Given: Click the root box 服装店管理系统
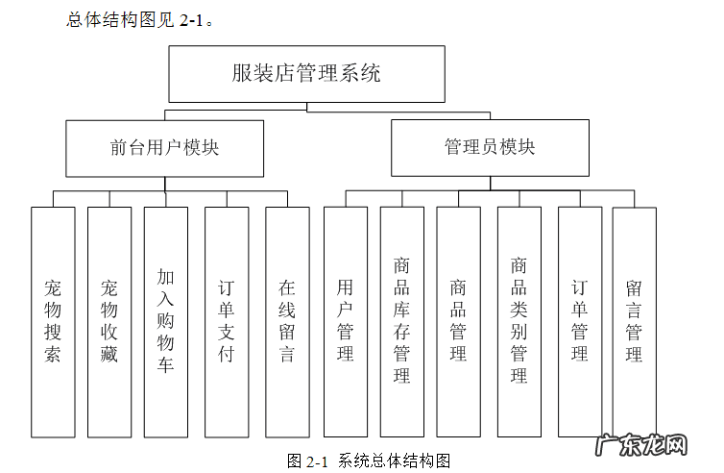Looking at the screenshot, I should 306,74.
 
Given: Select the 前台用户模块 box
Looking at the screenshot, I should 164,148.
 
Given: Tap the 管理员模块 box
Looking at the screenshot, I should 490,148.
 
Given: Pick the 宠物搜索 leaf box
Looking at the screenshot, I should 52,321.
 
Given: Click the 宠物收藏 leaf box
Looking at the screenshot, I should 109,321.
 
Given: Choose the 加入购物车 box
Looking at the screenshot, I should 165,321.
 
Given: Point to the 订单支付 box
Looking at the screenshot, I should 227,321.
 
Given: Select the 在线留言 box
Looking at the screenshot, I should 287,321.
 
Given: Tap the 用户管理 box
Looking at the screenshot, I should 345,321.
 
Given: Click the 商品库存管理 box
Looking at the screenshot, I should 401,321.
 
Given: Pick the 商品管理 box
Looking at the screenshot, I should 458,321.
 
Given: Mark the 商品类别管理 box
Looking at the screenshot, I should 519,321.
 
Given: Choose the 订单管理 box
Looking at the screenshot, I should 580,321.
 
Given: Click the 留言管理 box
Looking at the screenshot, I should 634,321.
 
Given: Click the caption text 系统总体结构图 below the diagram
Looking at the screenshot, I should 395,461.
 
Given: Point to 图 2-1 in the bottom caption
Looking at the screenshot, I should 307,461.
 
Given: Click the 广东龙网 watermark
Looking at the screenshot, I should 642,447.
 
